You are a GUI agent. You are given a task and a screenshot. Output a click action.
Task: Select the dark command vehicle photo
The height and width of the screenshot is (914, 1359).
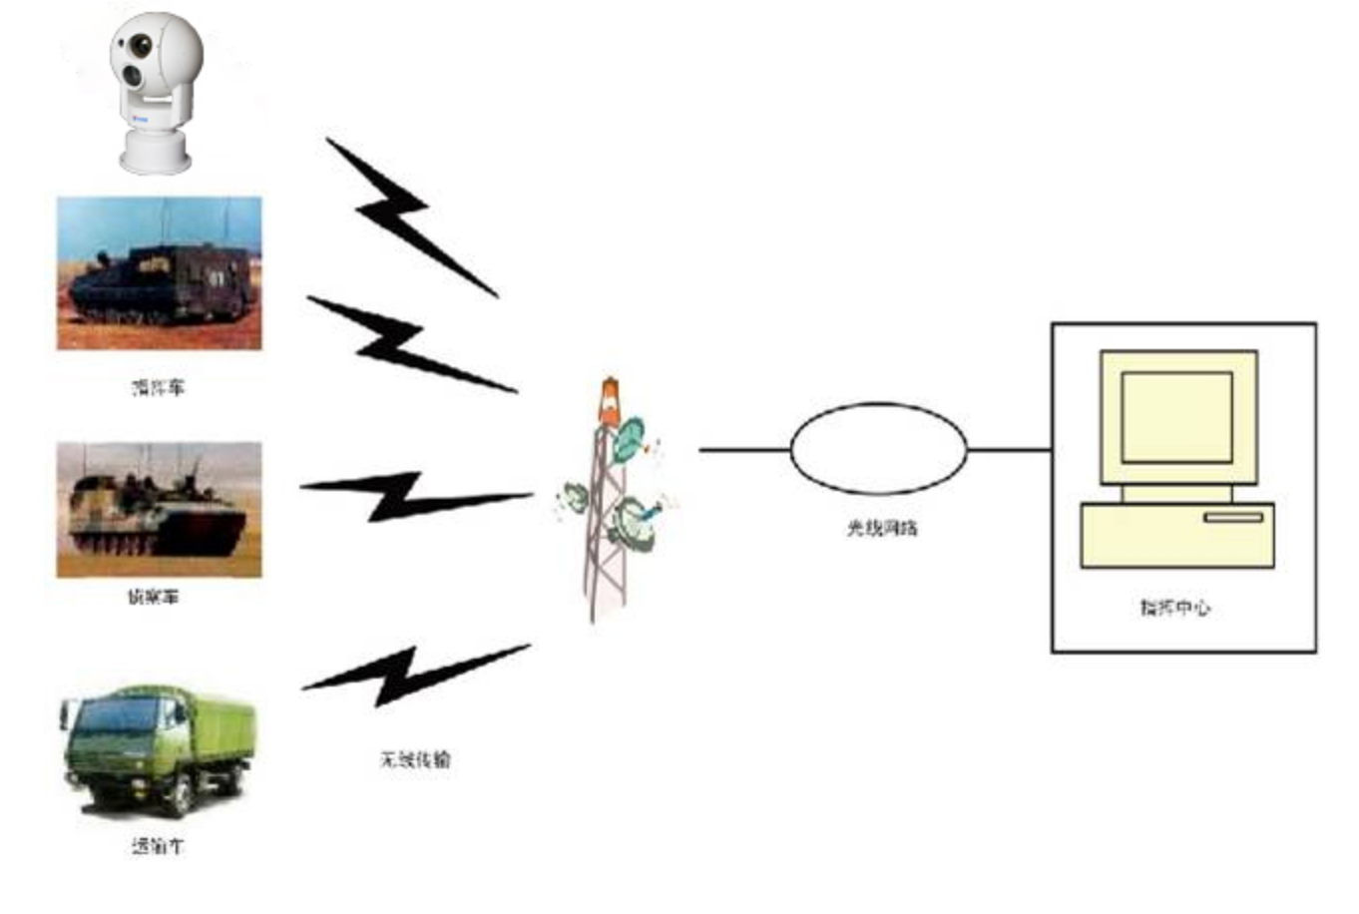(159, 272)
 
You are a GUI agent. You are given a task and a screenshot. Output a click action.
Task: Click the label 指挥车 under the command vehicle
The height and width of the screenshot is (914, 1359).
(159, 387)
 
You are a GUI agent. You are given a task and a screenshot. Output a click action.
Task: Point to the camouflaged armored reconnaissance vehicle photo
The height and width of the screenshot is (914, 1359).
(159, 510)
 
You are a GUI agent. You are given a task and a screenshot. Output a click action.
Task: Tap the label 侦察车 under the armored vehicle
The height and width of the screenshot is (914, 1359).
(153, 597)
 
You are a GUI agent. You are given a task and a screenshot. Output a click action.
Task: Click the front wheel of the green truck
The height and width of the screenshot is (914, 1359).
(181, 795)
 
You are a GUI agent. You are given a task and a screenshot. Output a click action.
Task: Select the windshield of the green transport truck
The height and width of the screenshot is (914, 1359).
(112, 716)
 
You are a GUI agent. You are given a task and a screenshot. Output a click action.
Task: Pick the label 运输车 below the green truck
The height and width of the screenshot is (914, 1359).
(158, 846)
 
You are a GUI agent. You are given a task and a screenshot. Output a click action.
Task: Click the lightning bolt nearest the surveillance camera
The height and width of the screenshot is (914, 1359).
(409, 215)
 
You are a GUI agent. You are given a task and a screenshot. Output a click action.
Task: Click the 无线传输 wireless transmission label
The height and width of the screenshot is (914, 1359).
(415, 759)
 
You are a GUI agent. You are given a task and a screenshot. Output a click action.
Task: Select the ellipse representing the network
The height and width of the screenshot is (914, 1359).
(878, 449)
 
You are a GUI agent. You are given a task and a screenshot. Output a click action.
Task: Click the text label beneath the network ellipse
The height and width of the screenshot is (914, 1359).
(882, 528)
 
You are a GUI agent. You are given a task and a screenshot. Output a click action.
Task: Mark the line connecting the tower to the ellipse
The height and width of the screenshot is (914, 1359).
(743, 450)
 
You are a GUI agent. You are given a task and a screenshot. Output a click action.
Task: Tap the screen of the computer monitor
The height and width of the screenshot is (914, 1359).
(1176, 417)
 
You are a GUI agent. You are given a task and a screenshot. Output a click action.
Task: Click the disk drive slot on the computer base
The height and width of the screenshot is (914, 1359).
(1233, 517)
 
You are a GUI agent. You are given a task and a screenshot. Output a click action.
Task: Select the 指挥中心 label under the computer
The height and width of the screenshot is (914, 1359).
(1175, 607)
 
